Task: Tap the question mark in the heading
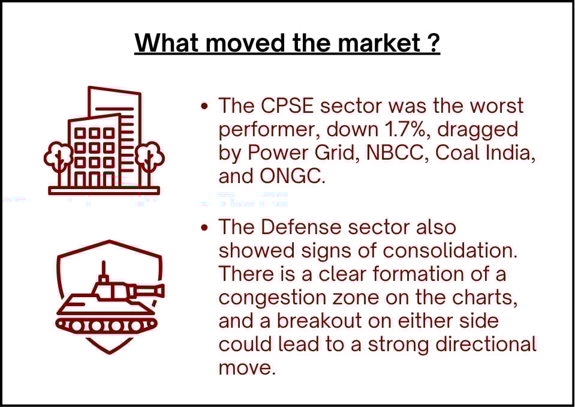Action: tap(433, 43)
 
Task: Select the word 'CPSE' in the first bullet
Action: tap(287, 106)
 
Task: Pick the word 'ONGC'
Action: tap(291, 176)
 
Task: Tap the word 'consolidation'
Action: tap(450, 251)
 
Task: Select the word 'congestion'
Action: tap(272, 298)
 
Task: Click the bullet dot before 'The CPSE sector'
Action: tap(204, 107)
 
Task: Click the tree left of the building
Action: tap(59, 161)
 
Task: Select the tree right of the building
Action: tap(150, 161)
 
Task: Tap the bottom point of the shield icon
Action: tap(109, 353)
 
